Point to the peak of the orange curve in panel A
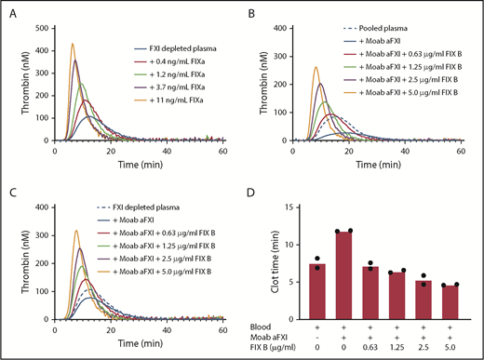pyautogui.click(x=72, y=44)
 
